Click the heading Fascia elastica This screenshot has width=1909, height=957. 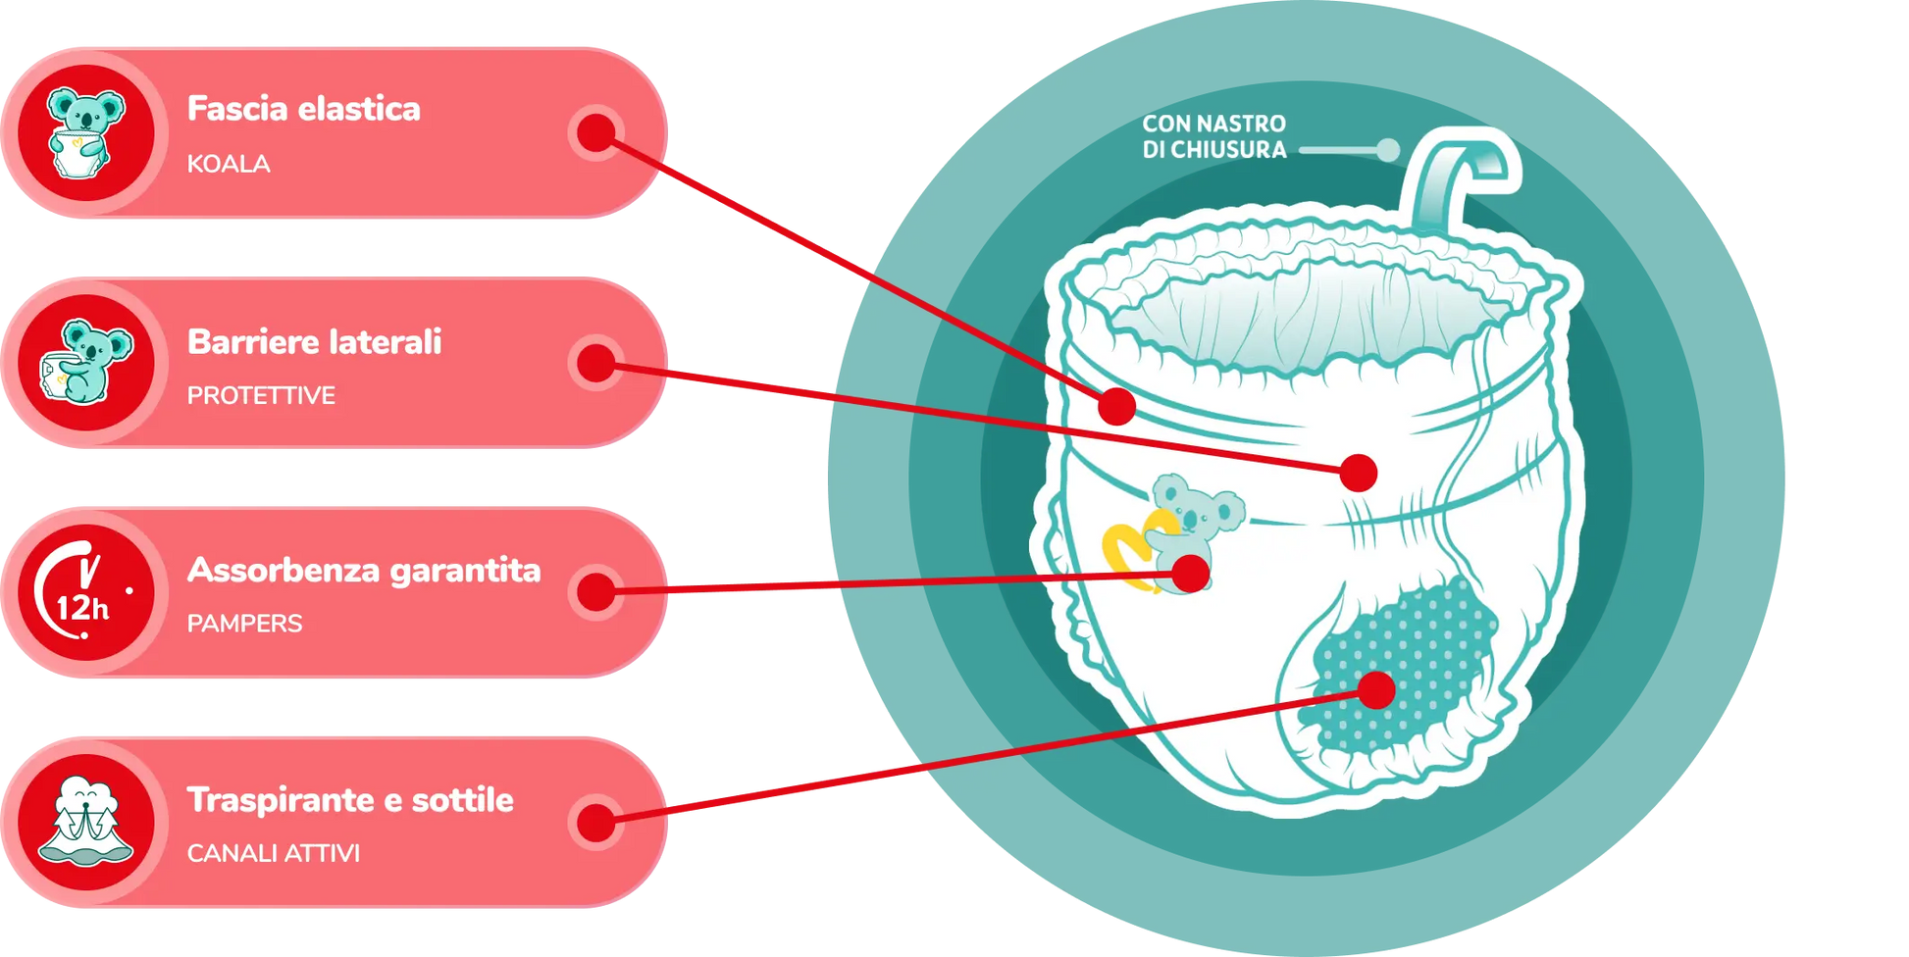tap(303, 109)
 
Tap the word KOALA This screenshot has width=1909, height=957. tap(229, 164)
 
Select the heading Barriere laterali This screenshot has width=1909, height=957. tap(314, 342)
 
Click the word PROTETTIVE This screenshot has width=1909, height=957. tap(261, 395)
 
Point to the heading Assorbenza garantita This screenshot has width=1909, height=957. tap(363, 571)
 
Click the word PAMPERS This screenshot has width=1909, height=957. tap(244, 624)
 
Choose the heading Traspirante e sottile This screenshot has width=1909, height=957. tap(350, 800)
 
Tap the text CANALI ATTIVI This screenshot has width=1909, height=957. tap(273, 853)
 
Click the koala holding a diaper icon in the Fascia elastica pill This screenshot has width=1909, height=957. tap(86, 133)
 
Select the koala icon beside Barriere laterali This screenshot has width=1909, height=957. tap(86, 363)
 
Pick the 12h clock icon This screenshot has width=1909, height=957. tap(86, 592)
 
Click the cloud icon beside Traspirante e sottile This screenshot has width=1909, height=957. tap(86, 822)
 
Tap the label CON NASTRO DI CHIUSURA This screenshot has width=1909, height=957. tap(1213, 137)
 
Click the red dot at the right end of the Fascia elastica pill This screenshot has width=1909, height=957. tap(596, 132)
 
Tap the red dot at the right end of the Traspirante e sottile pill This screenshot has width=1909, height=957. tap(596, 822)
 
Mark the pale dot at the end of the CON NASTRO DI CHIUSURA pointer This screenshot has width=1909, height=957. tap(1387, 150)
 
